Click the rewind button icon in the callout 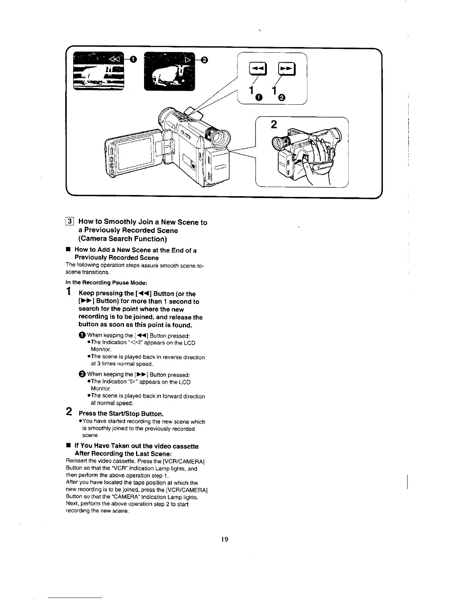[253, 69]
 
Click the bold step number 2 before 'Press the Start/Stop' [69, 411]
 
